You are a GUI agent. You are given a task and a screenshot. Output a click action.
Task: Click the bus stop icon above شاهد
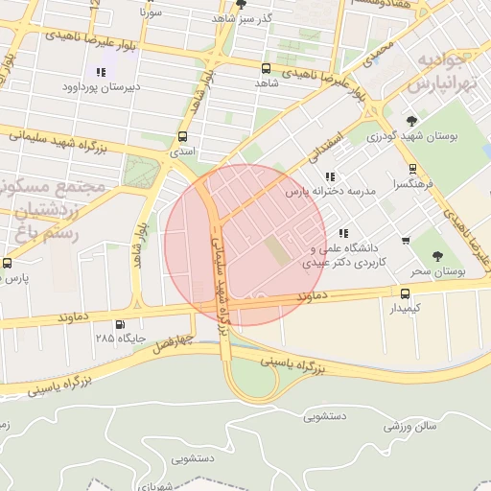266,68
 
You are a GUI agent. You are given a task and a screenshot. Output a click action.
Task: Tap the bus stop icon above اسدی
183,136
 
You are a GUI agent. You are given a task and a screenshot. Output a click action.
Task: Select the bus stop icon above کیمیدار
405,293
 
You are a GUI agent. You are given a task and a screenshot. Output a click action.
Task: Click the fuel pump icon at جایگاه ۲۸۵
120,324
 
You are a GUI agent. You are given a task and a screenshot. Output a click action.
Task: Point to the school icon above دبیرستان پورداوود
101,72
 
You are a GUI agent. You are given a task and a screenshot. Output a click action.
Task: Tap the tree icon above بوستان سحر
438,257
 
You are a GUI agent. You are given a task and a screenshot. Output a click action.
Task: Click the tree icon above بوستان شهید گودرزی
412,121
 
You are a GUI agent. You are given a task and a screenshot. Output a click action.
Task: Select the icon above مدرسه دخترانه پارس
331,176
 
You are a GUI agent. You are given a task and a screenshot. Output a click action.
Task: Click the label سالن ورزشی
411,425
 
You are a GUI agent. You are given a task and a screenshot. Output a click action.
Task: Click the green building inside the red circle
275,251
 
